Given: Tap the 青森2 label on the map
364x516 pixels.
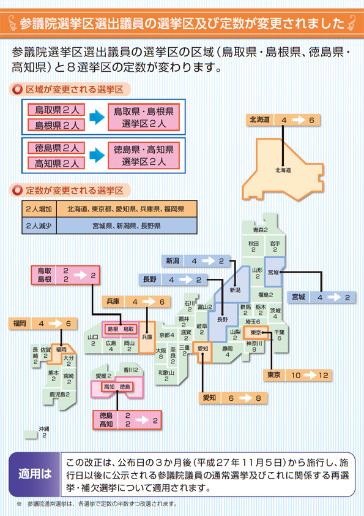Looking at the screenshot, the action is (x=260, y=230).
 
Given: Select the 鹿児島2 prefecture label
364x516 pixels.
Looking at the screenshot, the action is (x=59, y=394).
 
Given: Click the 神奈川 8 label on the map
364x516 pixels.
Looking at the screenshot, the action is (x=254, y=346).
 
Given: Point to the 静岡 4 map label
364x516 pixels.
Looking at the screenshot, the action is (x=228, y=352).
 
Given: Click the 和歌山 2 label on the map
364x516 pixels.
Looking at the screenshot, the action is (x=166, y=376).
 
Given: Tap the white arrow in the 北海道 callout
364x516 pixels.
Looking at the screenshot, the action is (x=299, y=120).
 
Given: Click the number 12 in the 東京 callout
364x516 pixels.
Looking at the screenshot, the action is (x=323, y=375).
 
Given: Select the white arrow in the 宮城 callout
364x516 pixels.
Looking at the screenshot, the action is (x=334, y=297).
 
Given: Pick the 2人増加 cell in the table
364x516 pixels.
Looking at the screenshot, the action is (x=39, y=209).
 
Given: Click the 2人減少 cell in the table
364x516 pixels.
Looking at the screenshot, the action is (x=39, y=226).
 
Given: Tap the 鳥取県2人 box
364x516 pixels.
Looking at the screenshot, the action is (x=56, y=110).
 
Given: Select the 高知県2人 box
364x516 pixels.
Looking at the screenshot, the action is (x=56, y=163).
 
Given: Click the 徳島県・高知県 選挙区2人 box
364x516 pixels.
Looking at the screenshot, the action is (x=144, y=155).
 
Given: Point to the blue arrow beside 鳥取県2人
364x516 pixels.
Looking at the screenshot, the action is (x=97, y=117).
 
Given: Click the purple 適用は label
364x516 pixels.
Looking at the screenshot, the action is (x=35, y=474).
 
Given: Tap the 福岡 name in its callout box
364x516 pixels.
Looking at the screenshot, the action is (x=20, y=324).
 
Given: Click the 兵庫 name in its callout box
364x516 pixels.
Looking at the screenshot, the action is (x=113, y=302).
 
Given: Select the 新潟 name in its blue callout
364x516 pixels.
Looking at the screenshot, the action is (x=173, y=261).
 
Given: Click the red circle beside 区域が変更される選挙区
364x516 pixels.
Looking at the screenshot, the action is (x=17, y=89).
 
